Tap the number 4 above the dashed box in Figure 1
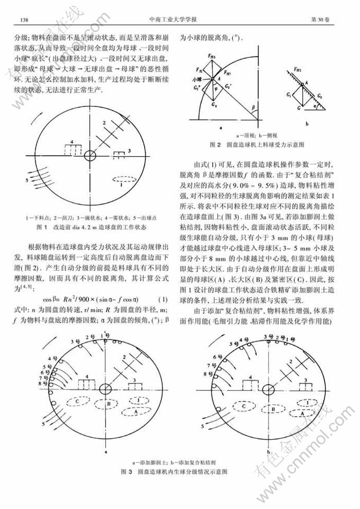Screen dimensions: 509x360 click(x=71, y=141)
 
